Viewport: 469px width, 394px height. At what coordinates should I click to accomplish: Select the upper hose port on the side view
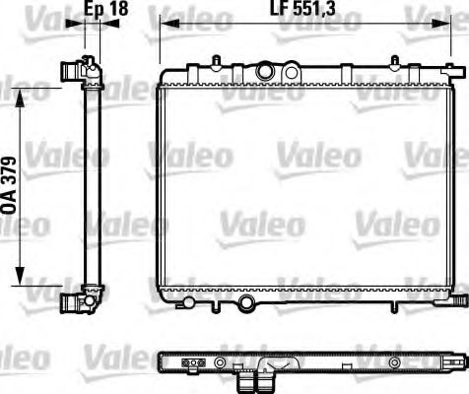(x=70, y=71)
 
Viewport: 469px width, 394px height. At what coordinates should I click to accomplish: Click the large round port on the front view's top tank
(x=265, y=71)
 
